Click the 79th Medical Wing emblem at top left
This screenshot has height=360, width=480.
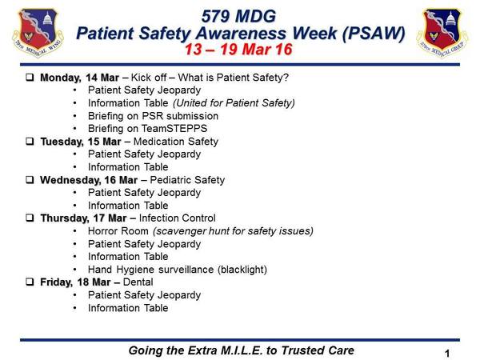pos(38,33)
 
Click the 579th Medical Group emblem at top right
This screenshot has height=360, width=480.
pos(442,33)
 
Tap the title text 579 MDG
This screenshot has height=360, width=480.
pos(238,16)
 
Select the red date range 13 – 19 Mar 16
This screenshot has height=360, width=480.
pos(238,50)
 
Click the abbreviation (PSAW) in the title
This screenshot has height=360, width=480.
pos(374,33)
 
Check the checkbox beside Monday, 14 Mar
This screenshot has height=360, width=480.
pos(30,77)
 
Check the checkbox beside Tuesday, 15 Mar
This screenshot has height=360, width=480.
pos(30,141)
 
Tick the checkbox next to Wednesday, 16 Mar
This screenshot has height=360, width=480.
pos(30,180)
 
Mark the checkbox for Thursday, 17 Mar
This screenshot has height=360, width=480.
pos(30,218)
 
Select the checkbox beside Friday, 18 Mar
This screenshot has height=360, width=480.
pos(30,282)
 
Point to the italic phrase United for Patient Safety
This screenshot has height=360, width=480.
pos(234,103)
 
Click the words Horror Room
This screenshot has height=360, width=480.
pos(118,231)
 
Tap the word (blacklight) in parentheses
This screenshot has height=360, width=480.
pos(242,270)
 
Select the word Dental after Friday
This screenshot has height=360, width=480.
pos(138,282)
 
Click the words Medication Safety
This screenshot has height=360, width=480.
pos(176,142)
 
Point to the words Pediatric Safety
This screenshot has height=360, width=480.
pos(187,180)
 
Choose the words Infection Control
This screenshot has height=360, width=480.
pos(178,218)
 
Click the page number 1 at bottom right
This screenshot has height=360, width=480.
pos(447,354)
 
